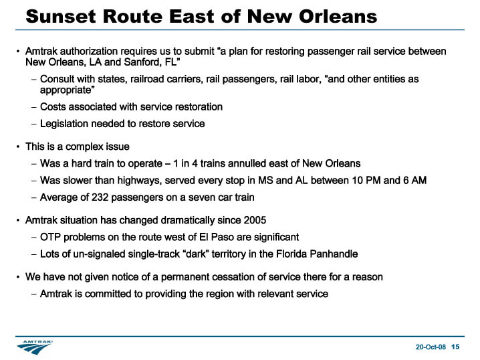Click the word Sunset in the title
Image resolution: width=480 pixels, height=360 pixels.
pyautogui.click(x=61, y=16)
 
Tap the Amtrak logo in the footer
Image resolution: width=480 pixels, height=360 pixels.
pyautogui.click(x=35, y=347)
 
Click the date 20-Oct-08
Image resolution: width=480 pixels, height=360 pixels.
pyautogui.click(x=431, y=347)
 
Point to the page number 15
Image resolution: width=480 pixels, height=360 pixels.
pyautogui.click(x=455, y=347)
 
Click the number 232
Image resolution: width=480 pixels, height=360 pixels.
pyautogui.click(x=100, y=197)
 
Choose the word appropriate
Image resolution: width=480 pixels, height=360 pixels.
pyautogui.click(x=66, y=90)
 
